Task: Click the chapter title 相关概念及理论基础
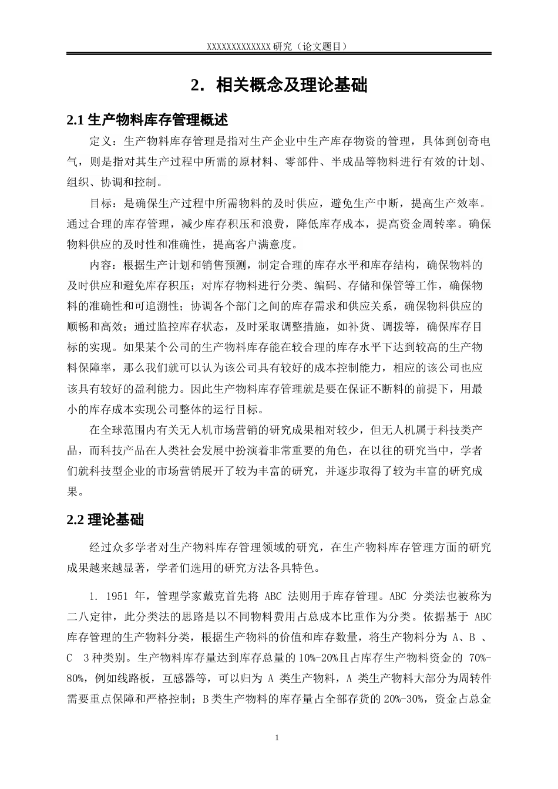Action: pos(291,86)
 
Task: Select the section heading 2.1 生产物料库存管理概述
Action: pos(147,120)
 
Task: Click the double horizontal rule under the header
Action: pos(279,55)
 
